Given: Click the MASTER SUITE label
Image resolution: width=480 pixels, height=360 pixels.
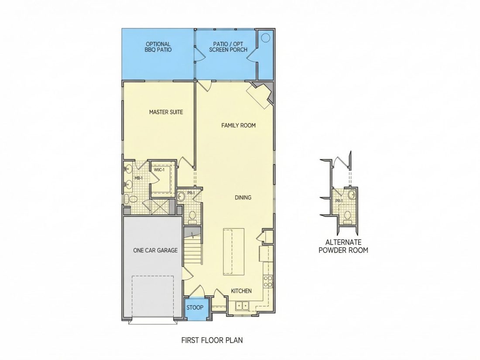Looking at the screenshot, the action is click(166, 112).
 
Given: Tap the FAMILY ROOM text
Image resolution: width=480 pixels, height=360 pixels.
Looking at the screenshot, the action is click(238, 125).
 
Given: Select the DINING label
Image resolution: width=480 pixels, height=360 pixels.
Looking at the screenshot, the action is click(243, 197).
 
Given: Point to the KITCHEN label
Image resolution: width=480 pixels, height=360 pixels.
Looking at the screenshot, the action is click(241, 291).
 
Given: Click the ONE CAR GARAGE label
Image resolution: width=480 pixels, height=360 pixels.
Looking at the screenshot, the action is click(155, 250).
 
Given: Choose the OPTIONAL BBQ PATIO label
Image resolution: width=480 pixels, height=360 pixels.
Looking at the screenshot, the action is click(158, 47).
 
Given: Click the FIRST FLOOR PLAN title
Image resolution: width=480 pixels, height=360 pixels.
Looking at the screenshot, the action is click(212, 340).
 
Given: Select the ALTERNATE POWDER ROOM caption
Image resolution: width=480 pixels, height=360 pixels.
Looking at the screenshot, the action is click(343, 246).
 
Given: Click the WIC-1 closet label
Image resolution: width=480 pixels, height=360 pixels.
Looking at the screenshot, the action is click(159, 170).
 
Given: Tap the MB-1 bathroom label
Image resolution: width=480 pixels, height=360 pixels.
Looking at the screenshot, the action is click(139, 178).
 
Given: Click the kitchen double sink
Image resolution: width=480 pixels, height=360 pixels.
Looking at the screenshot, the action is click(243, 305).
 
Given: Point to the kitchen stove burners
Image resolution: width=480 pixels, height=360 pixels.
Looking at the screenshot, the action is click(268, 281).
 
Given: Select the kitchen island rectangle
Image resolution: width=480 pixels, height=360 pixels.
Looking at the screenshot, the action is click(233, 251).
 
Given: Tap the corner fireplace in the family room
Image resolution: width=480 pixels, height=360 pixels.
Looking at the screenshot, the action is click(260, 95).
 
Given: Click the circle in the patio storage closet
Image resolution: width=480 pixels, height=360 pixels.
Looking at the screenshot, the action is click(266, 38).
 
